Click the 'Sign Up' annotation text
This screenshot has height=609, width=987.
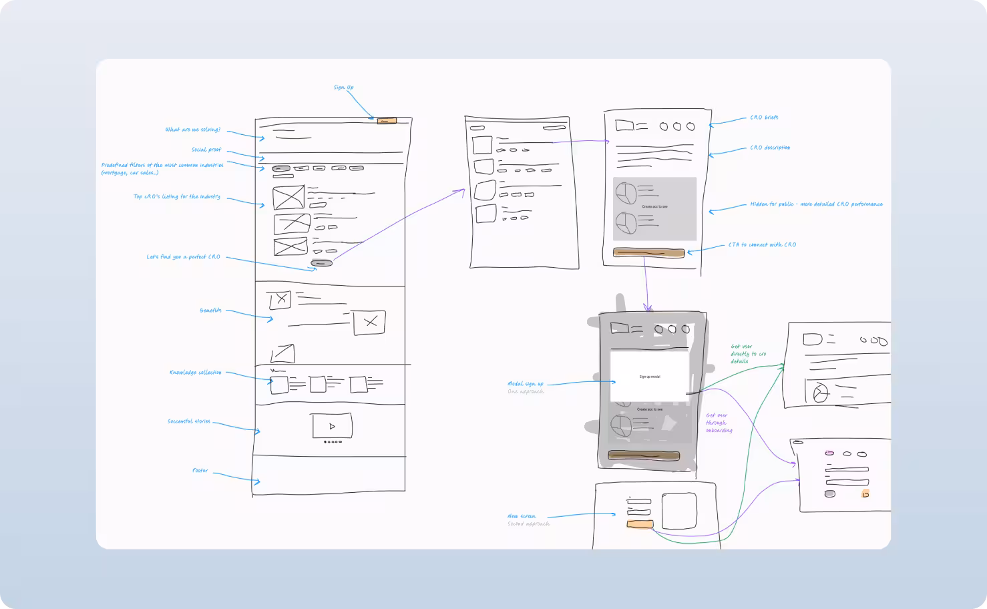[344, 87]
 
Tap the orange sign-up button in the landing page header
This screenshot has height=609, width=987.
[387, 121]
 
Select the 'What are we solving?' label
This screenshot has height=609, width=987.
[193, 130]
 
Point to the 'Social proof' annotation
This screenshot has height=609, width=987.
[206, 150]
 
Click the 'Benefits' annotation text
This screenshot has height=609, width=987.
[210, 311]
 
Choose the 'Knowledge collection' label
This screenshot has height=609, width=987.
[195, 373]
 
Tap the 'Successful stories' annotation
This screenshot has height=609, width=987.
[189, 421]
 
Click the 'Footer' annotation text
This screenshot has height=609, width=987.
[200, 471]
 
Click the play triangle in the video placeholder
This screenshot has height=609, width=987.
[332, 426]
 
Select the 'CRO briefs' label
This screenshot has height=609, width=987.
[764, 118]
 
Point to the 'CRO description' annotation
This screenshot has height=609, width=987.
[770, 148]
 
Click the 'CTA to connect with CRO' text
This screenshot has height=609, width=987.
[762, 245]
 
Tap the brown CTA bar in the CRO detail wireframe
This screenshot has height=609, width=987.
[649, 253]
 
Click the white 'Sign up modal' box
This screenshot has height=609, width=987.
[649, 377]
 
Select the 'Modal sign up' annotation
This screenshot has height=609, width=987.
[526, 384]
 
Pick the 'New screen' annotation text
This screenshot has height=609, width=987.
[522, 516]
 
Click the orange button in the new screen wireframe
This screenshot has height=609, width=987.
[640, 525]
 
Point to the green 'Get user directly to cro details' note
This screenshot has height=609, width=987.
[748, 354]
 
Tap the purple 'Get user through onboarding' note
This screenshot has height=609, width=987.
[719, 423]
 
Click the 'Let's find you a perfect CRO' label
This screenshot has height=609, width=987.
[183, 257]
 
